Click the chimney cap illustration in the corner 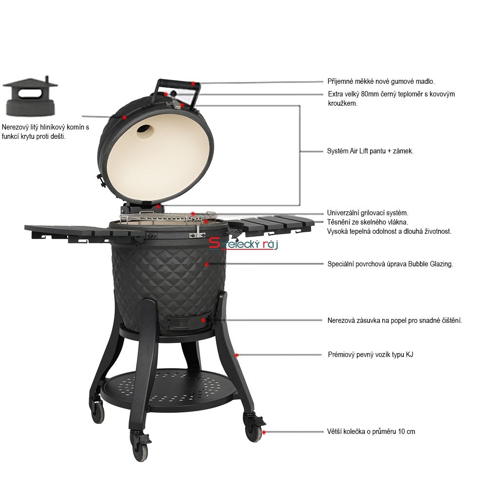30,96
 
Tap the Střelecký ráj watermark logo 243,243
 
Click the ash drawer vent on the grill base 178,323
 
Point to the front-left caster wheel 140,445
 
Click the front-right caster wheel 254,427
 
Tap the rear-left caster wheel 98,411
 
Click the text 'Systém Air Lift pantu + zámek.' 370,151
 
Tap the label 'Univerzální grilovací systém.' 367,213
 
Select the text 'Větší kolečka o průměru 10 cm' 371,431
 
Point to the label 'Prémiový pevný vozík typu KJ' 371,355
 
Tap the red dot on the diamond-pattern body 206,264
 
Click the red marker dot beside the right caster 263,432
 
